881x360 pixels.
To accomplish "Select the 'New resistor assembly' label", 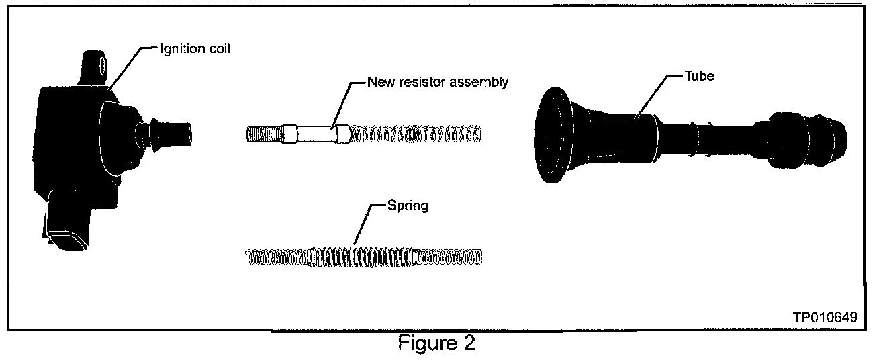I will click(438, 83).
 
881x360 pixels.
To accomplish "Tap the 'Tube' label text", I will click(701, 77).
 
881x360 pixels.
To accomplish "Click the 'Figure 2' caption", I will click(436, 344).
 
